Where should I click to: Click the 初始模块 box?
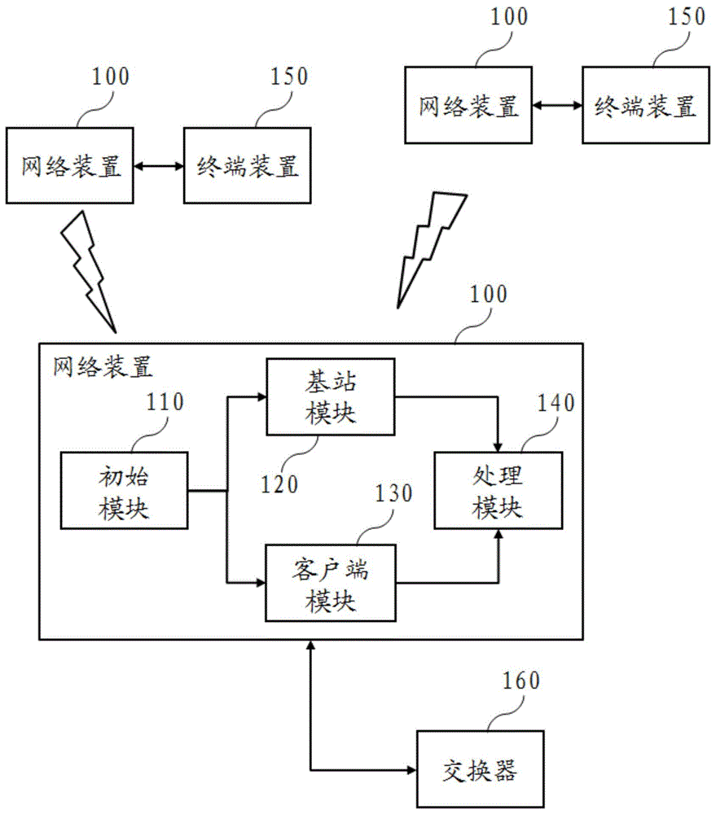124,491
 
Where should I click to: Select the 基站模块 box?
330,396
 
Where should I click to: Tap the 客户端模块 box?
330,583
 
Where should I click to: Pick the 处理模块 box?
498,491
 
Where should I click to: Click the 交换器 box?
479,769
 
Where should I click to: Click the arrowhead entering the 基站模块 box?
261,397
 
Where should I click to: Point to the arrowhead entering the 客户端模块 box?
261,582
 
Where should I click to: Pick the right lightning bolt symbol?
428,248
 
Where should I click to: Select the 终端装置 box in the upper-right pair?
646,107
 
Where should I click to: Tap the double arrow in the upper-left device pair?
159,167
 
